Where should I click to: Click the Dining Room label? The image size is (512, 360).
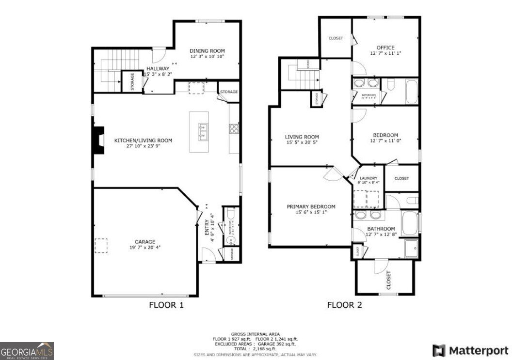click(x=207, y=51)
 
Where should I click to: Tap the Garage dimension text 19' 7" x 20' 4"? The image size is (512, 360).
click(x=144, y=247)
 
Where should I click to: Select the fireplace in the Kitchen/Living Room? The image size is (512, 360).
click(x=98, y=141)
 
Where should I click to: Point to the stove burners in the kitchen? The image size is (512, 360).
click(x=234, y=128)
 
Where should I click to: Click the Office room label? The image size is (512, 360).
click(x=385, y=47)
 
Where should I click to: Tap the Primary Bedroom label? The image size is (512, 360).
click(x=311, y=206)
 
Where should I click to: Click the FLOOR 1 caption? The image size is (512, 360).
click(x=166, y=305)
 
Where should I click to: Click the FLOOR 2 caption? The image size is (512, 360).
click(x=344, y=305)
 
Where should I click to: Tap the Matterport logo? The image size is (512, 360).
click(x=470, y=350)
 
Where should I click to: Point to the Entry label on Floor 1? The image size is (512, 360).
click(x=207, y=228)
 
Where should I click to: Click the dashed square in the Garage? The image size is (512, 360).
click(x=101, y=246)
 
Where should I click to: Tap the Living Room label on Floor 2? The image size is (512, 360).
click(x=302, y=137)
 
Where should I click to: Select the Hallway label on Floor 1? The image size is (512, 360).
click(x=158, y=69)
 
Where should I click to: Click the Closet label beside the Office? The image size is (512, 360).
click(x=336, y=38)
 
